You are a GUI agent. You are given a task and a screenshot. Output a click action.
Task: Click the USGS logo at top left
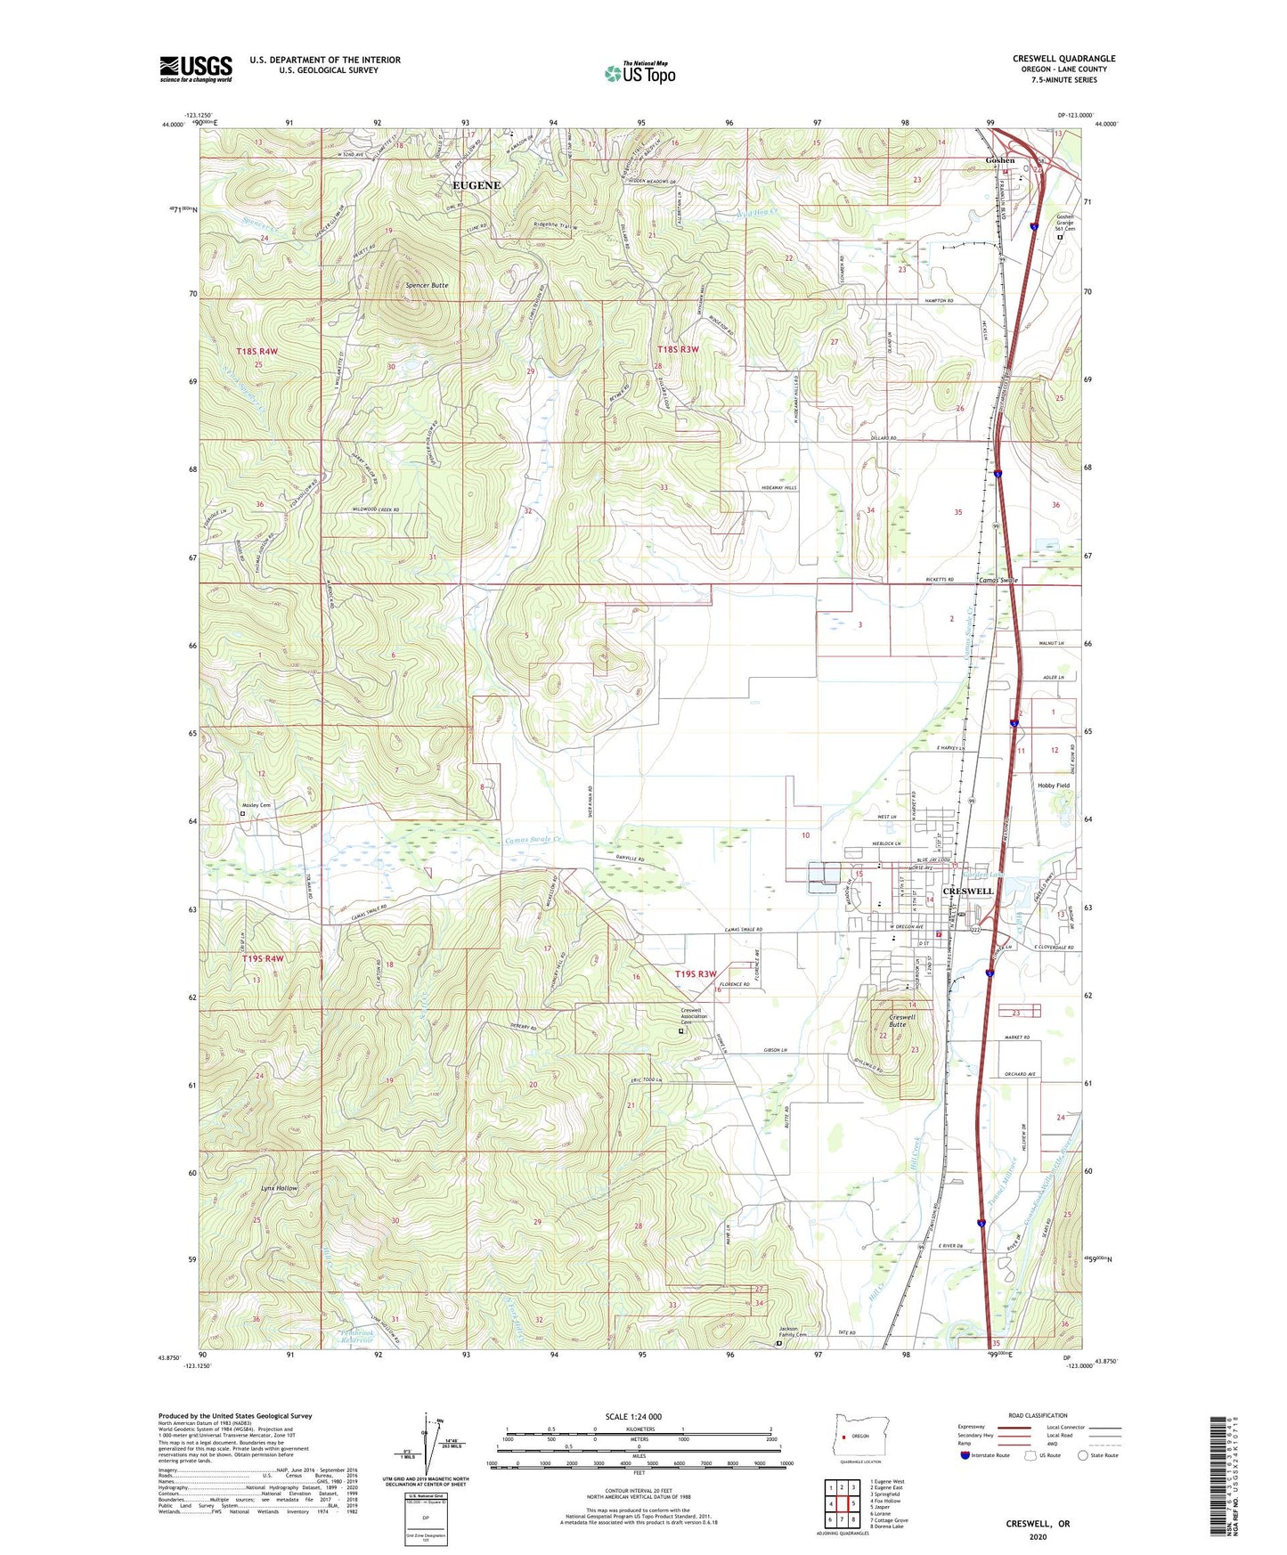(x=196, y=69)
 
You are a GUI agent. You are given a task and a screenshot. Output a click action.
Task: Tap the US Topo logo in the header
(x=639, y=73)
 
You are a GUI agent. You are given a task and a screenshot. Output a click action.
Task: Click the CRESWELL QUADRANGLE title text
(x=1063, y=59)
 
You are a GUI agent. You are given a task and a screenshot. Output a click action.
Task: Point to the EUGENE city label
(x=477, y=185)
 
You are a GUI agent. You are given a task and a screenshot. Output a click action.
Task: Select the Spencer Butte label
(x=427, y=285)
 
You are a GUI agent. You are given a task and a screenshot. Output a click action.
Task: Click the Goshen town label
(x=999, y=160)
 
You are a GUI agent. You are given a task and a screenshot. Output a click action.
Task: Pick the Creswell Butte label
(x=901, y=1021)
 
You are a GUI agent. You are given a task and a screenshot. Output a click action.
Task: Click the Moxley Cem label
(x=256, y=805)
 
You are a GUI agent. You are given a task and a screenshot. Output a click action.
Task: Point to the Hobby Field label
(x=1053, y=786)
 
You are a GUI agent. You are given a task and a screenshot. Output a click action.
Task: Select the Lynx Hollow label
(x=279, y=1189)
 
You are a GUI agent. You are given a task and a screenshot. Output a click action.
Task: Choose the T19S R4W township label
(x=263, y=958)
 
